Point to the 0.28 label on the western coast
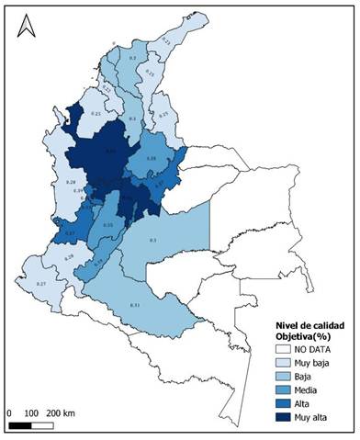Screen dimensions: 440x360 pos(70,183)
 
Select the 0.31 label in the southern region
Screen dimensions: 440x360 pos(135,304)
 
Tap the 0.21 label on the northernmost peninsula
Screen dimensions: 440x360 pos(165,40)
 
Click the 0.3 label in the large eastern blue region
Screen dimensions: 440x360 pos(152,240)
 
